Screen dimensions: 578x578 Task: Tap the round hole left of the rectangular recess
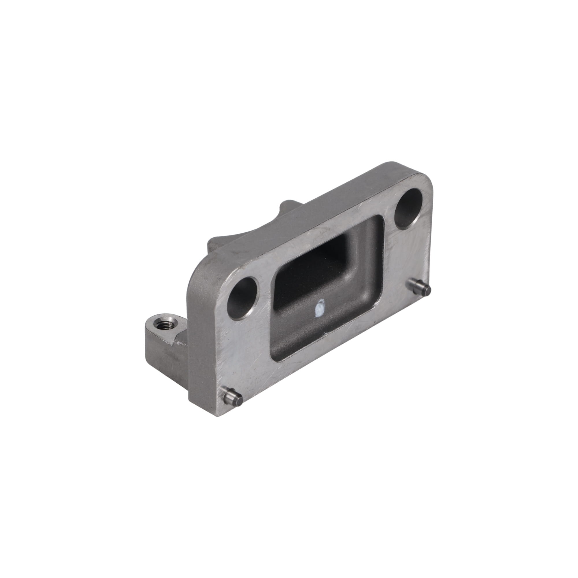[x=244, y=297]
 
